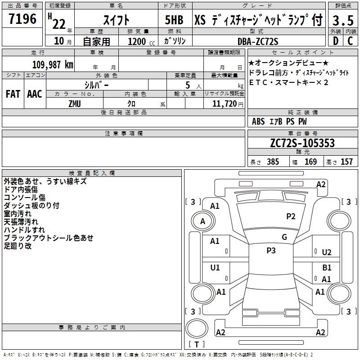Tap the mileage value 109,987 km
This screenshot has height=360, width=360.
pyautogui.click(x=53, y=64)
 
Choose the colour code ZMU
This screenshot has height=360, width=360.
pyautogui.click(x=75, y=103)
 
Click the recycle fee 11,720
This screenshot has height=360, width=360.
pyautogui.click(x=223, y=103)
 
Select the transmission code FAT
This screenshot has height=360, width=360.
pyautogui.click(x=13, y=94)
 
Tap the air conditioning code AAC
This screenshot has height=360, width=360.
pyautogui.click(x=34, y=94)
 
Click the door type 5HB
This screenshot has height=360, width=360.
pyautogui.click(x=174, y=21)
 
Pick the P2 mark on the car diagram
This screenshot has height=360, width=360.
pyautogui.click(x=291, y=216)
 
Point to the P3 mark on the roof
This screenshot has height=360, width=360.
pyautogui.click(x=271, y=251)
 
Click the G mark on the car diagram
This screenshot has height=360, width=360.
pyautogui.click(x=284, y=237)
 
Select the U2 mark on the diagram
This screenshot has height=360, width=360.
pyautogui.click(x=327, y=252)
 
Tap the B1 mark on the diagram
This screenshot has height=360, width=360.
pyautogui.click(x=327, y=268)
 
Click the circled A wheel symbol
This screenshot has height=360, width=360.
pyautogui.click(x=202, y=221)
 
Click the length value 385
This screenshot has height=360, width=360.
pyautogui.click(x=272, y=162)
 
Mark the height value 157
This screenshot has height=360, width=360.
pyautogui.click(x=346, y=162)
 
